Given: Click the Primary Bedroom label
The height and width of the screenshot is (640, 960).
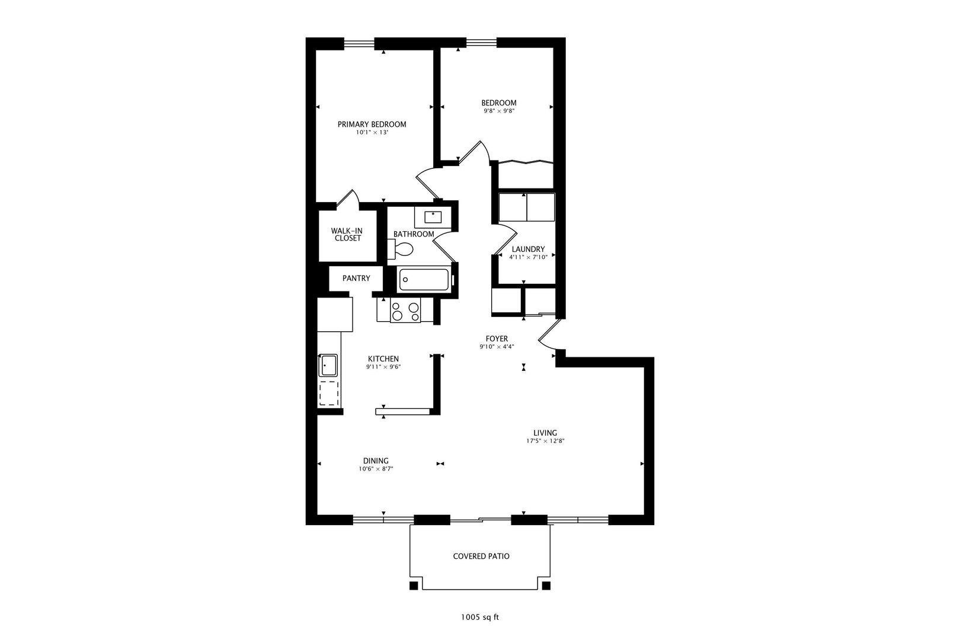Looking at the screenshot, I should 372,124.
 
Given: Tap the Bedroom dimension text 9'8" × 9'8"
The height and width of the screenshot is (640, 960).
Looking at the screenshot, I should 498,111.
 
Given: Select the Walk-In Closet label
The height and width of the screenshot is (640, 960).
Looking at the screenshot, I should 346,234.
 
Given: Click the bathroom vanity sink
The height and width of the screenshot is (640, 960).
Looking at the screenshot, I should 433,217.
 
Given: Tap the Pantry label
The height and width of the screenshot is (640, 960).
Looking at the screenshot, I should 356,278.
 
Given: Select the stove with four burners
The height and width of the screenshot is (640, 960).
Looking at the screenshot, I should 405,311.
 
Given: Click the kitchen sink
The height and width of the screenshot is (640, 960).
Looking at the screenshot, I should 328,365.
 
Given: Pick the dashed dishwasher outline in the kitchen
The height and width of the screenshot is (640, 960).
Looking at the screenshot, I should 329,392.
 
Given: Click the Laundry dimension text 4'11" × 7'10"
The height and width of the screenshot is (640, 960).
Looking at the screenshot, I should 528,257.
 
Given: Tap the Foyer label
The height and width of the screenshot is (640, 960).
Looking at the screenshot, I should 497,339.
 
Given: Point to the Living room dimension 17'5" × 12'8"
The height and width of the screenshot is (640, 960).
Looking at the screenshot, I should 540,441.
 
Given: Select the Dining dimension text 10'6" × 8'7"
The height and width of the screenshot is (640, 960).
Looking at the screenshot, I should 376,469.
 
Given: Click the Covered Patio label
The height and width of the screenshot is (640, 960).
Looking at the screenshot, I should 481,556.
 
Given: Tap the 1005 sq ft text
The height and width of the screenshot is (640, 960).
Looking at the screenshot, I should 480,617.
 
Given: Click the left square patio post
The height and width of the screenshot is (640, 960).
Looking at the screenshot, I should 414,586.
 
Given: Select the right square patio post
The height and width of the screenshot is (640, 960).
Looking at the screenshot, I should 546,586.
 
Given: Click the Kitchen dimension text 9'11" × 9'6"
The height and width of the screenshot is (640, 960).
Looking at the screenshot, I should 383,367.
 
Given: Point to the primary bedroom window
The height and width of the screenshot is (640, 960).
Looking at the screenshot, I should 359,42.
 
